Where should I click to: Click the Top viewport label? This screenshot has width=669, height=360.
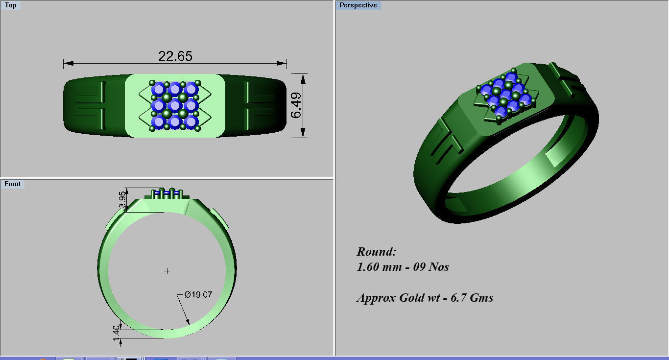(x=10, y=5)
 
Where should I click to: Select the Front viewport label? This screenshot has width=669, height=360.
(x=12, y=184)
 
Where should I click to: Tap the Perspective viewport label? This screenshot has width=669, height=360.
(x=358, y=5)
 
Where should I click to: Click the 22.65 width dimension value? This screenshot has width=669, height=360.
(x=175, y=56)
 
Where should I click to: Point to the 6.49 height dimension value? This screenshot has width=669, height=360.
(x=296, y=106)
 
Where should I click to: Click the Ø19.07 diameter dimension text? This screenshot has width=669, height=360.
(x=198, y=295)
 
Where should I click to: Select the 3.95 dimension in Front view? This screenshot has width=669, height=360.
(x=122, y=199)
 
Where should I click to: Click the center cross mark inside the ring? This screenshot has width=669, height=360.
(x=167, y=270)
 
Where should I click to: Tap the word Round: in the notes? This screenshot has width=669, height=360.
(x=376, y=252)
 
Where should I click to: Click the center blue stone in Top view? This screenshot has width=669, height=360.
(x=174, y=105)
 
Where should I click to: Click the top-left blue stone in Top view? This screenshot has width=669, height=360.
(x=158, y=89)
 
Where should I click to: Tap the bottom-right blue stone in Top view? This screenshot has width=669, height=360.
(x=191, y=121)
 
